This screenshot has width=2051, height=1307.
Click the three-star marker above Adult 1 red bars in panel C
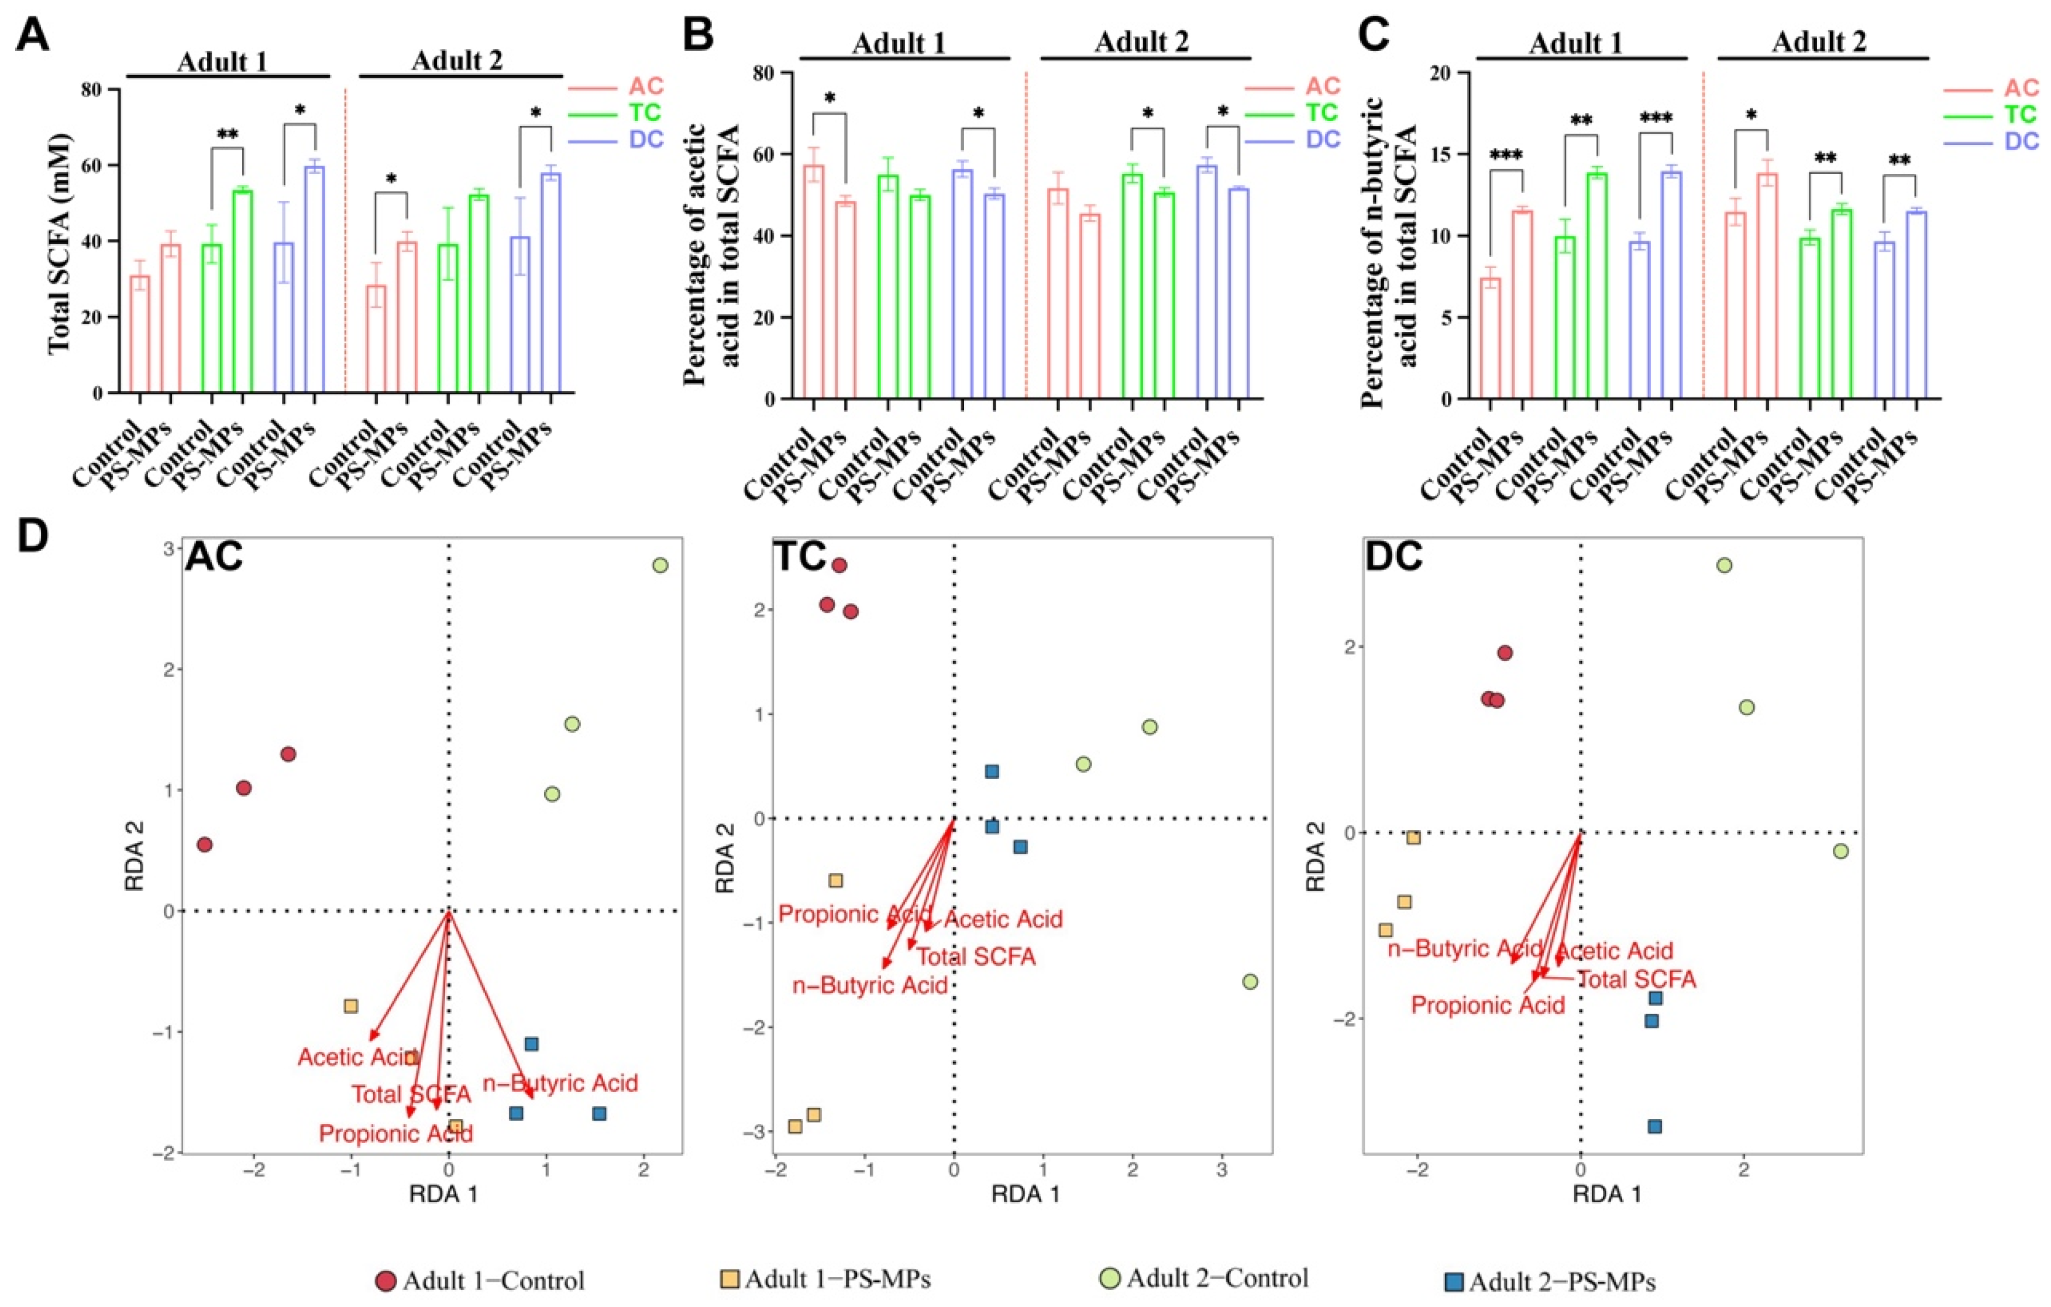pos(1505,156)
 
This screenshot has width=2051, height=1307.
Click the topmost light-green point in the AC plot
pos(659,565)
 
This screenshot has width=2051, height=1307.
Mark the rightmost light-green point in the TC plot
pos(1250,982)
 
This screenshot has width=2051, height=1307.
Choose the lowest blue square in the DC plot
pos(1654,1126)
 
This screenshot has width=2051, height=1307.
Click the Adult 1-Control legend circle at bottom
pos(386,1281)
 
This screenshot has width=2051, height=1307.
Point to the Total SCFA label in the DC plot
pos(1637,979)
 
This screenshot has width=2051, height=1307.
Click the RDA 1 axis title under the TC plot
pos(1025,1195)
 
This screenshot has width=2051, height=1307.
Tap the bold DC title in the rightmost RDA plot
pos(1393,557)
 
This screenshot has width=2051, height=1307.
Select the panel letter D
pos(33,539)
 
